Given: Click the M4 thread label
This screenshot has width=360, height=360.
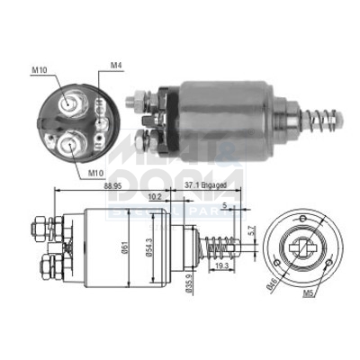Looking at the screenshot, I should click(x=115, y=65).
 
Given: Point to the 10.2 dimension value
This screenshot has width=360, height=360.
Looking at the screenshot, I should click(x=156, y=195).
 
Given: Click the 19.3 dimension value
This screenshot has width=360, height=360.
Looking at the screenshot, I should click(x=221, y=267).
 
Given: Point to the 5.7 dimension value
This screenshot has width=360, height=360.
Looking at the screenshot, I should click(x=253, y=230).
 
